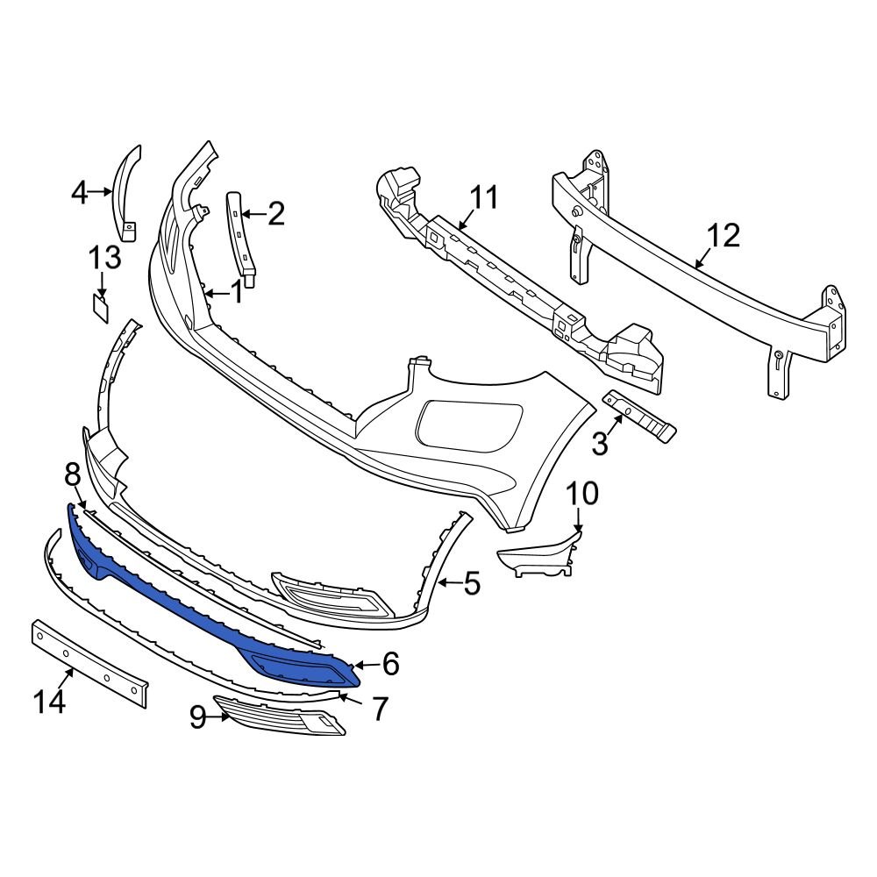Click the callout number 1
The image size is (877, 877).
pyautogui.click(x=236, y=292)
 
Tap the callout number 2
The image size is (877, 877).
pyautogui.click(x=275, y=213)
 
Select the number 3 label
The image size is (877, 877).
pyautogui.click(x=600, y=444)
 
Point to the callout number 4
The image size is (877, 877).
pyautogui.click(x=79, y=191)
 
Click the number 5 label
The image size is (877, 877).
pyautogui.click(x=472, y=582)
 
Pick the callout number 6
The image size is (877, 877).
pyautogui.click(x=390, y=664)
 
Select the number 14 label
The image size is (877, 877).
pyautogui.click(x=50, y=702)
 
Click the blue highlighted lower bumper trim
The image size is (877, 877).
pyautogui.click(x=175, y=605)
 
